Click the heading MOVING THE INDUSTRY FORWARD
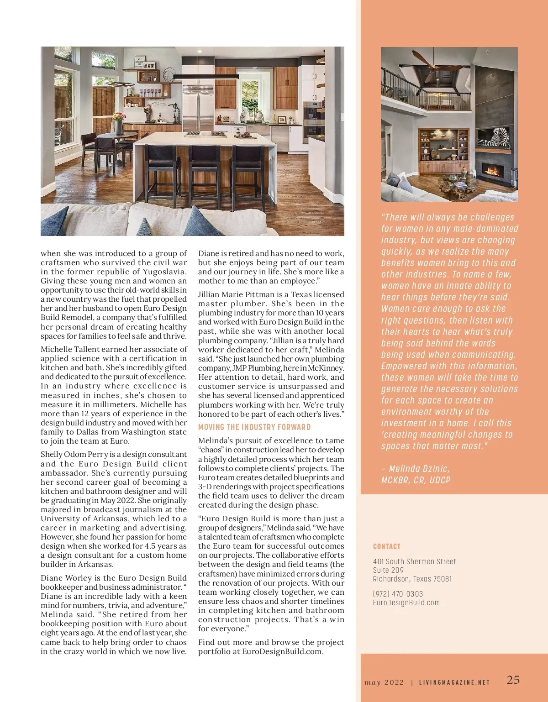[254, 427]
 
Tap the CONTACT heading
[386, 546]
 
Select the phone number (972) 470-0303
[398, 594]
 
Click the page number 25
[513, 680]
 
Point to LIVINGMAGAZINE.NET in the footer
[454, 683]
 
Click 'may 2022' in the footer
[384, 683]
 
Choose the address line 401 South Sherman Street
[414, 561]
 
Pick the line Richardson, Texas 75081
[412, 579]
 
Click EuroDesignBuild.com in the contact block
[406, 602]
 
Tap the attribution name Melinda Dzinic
[419, 469]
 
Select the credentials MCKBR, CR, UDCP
[416, 480]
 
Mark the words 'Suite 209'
[388, 570]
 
